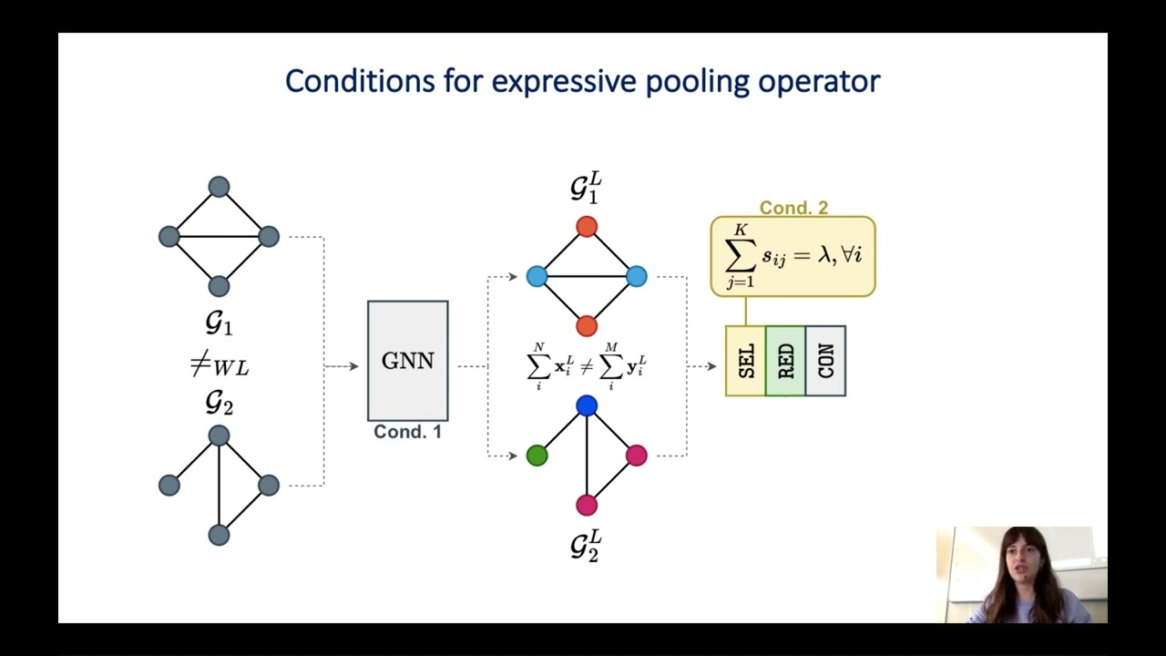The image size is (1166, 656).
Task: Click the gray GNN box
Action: (x=407, y=360)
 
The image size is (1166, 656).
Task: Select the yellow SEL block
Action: (x=745, y=361)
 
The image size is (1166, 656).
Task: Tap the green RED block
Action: (x=785, y=361)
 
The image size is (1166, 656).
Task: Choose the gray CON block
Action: (x=825, y=361)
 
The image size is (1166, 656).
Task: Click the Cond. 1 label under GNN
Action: (x=407, y=432)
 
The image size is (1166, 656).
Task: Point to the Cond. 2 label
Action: (x=793, y=208)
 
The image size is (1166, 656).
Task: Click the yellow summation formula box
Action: (x=793, y=257)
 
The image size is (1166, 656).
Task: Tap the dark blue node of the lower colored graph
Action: (x=587, y=405)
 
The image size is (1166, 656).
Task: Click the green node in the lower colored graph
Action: (x=537, y=456)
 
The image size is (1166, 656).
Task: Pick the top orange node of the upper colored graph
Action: (x=587, y=227)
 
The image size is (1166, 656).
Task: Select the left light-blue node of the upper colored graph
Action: (x=537, y=276)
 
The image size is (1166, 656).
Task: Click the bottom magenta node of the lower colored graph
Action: (x=587, y=505)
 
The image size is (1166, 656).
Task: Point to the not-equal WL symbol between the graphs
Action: (x=219, y=366)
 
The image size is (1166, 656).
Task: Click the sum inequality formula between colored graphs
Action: (x=587, y=366)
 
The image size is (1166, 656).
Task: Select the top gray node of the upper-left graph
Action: (x=219, y=187)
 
